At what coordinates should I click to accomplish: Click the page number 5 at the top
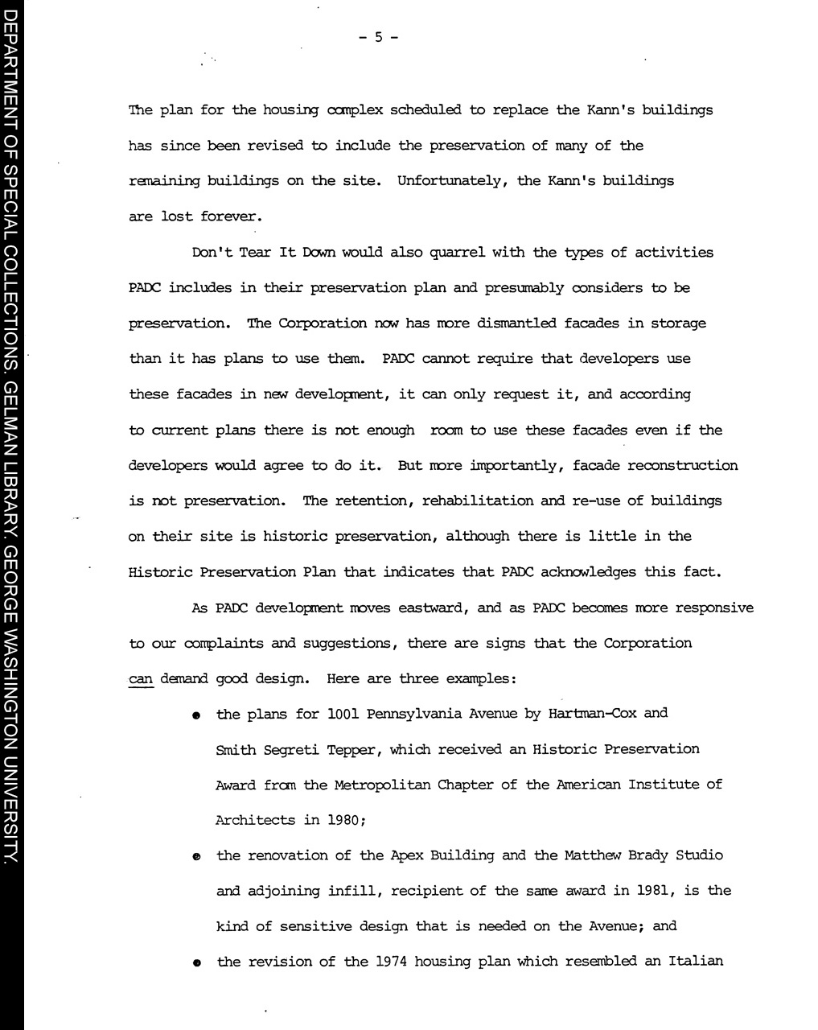[x=378, y=36]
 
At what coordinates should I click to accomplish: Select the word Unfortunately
[x=452, y=180]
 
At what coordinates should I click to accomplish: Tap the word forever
[x=232, y=216]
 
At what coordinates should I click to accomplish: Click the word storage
[x=678, y=323]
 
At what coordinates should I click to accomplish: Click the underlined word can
[x=141, y=678]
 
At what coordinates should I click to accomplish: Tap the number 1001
[x=347, y=714]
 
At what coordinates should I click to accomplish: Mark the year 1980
[x=347, y=820]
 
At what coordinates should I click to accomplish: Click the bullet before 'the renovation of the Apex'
[x=195, y=858]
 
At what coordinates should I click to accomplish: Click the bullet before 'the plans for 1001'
[x=195, y=715]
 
